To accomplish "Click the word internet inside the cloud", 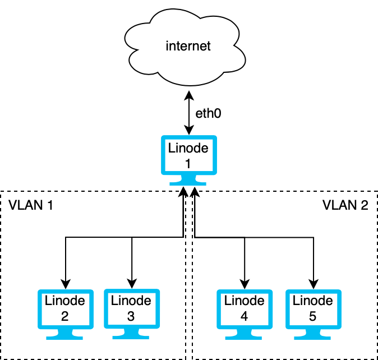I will coord(188,46).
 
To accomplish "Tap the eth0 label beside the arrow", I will coord(208,113).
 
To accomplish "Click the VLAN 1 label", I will coord(31,205).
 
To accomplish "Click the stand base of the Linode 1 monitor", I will coord(188,183).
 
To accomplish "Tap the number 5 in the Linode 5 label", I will coord(313,316).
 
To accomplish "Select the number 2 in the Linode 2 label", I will coord(64,316).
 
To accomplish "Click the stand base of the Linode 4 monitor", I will coord(244,337).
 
